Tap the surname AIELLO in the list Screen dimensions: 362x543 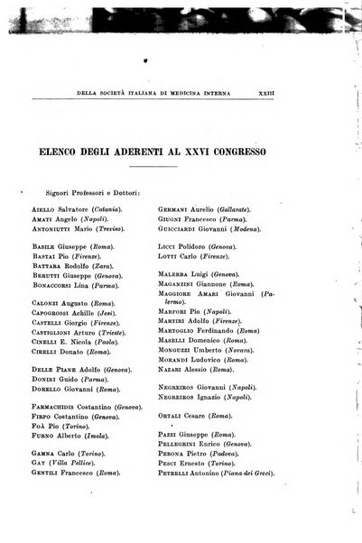[x=48, y=209]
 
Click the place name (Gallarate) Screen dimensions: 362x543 [x=237, y=209]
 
